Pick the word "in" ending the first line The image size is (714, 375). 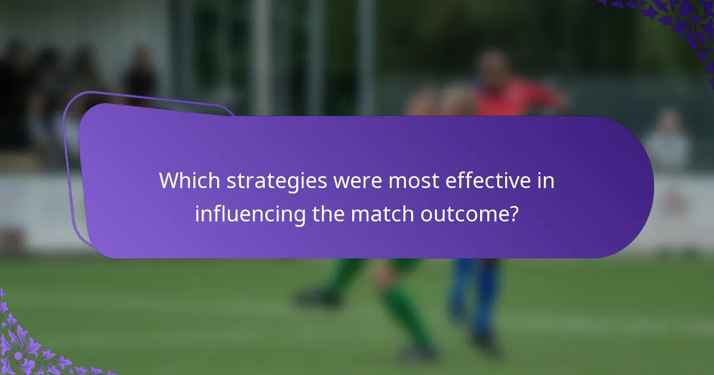pyautogui.click(x=547, y=181)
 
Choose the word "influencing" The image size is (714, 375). pyautogui.click(x=250, y=213)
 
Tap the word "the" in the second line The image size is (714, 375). pyautogui.click(x=328, y=213)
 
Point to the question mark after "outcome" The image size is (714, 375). pyautogui.click(x=513, y=213)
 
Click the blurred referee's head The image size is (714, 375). pyautogui.click(x=493, y=65)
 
